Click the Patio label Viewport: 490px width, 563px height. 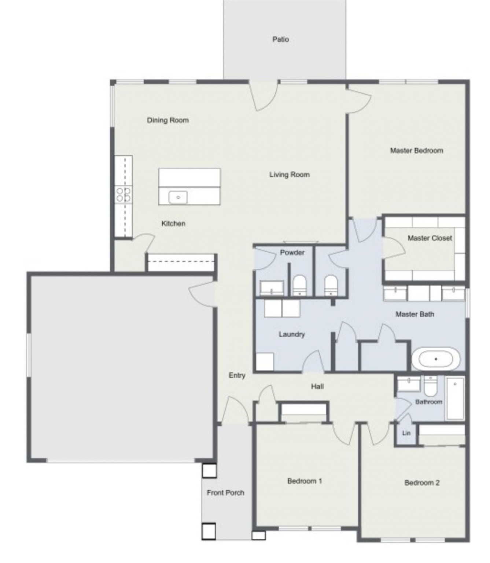(280, 39)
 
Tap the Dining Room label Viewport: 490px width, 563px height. (168, 120)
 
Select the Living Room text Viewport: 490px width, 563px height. (290, 175)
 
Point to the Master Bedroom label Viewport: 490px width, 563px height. (416, 150)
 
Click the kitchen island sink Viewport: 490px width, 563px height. (178, 198)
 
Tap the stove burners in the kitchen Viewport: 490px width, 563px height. (124, 195)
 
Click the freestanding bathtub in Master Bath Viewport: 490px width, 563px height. (435, 359)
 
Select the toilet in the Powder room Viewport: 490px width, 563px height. (299, 285)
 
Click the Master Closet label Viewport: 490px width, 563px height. (430, 238)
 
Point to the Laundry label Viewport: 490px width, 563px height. (291, 334)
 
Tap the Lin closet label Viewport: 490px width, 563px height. (406, 433)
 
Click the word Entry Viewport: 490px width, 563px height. (237, 375)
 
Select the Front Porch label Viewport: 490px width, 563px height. (225, 493)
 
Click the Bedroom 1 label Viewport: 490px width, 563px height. (305, 481)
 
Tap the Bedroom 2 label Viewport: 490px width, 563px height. (422, 483)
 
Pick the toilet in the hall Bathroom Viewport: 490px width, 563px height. (430, 387)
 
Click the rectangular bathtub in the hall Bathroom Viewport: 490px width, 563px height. (455, 398)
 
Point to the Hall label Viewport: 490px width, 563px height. (317, 386)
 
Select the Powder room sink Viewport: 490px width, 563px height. (272, 288)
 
